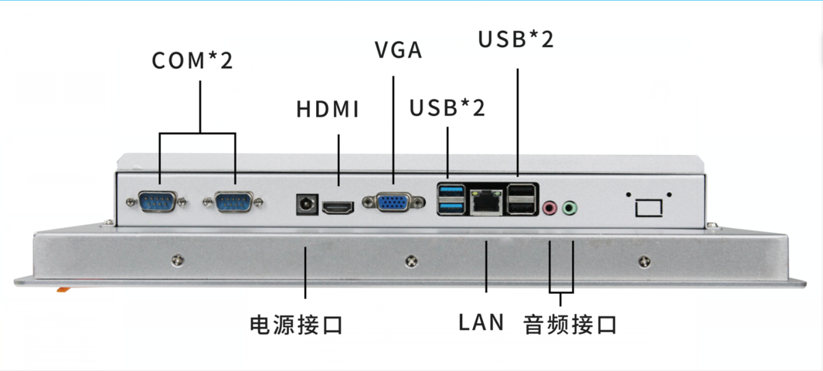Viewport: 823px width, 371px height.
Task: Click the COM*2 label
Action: pos(192,60)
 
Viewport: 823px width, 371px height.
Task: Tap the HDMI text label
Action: pos(328,110)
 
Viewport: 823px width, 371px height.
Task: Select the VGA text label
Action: pos(398,50)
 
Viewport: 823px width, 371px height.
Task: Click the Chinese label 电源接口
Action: pos(296,325)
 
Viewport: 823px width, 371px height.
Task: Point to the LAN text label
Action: pos(481,322)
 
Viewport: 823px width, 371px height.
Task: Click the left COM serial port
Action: pos(159,202)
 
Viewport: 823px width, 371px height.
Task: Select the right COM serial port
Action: pos(233,202)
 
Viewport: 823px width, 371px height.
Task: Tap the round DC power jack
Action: pos(306,205)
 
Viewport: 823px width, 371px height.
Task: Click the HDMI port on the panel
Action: pos(338,207)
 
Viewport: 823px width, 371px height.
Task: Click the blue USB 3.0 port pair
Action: pos(451,199)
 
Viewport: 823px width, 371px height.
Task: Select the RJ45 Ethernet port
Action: pos(485,200)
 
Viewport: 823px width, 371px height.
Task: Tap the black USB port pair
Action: pos(522,199)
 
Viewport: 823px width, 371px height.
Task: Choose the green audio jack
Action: pos(570,207)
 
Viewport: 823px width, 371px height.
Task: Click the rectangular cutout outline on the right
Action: pos(648,207)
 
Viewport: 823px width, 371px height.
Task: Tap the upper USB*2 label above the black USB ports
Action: pos(515,39)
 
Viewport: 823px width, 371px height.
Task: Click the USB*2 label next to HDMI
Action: pos(447,108)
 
